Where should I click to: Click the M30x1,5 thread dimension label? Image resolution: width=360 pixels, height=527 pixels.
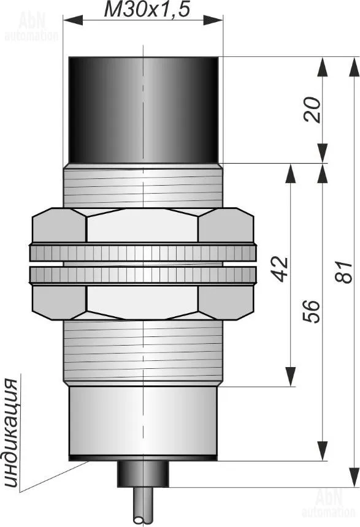click(x=147, y=10)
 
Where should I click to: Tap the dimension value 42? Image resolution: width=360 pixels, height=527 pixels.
click(x=280, y=269)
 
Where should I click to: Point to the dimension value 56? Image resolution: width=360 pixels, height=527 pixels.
click(x=311, y=311)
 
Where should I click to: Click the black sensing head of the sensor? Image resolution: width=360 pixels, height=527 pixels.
click(x=144, y=110)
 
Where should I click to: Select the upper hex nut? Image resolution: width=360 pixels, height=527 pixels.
click(x=143, y=225)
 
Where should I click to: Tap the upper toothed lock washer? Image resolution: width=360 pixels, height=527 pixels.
click(x=143, y=252)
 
